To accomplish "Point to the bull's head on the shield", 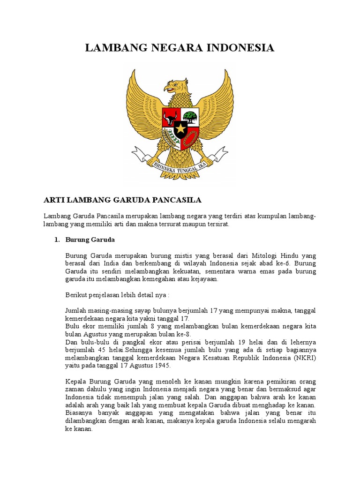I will tap(171, 116).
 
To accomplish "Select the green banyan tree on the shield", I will tap(190, 115).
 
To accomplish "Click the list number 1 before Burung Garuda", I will tap(57, 240).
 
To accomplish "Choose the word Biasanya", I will tap(79, 413).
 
